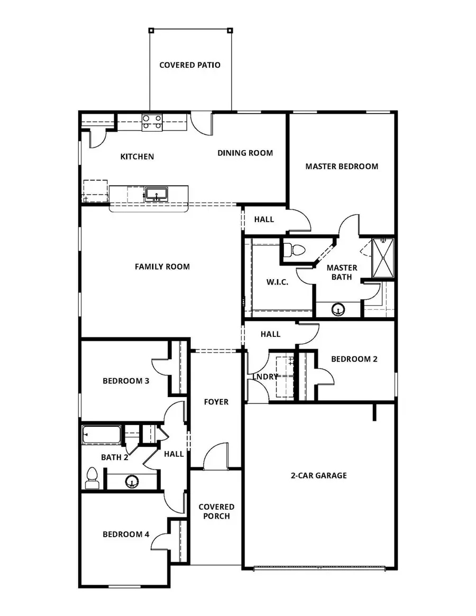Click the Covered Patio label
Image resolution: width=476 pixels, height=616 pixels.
[190, 65]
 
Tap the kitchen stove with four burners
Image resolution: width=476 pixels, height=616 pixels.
[152, 123]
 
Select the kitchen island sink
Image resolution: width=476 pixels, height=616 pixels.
[156, 194]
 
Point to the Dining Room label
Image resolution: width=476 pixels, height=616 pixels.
[245, 153]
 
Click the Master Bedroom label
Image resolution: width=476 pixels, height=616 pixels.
[342, 166]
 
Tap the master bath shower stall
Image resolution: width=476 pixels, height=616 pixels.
[383, 258]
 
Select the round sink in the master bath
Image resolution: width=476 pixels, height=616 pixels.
[338, 309]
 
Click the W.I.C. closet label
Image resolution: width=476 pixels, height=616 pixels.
[277, 282]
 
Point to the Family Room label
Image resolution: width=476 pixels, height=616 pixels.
[162, 266]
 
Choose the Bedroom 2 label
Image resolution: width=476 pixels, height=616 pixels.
[354, 359]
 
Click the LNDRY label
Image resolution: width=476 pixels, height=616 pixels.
[266, 376]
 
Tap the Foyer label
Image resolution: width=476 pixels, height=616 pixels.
[216, 402]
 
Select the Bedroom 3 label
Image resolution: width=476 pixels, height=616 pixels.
[125, 381]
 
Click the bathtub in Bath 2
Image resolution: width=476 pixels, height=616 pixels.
[102, 435]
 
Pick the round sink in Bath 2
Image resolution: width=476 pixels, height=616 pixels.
[132, 481]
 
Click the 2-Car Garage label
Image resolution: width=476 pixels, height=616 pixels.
[318, 475]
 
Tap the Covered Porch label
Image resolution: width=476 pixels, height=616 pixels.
[216, 511]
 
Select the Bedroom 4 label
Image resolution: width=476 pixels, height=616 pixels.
[125, 534]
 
